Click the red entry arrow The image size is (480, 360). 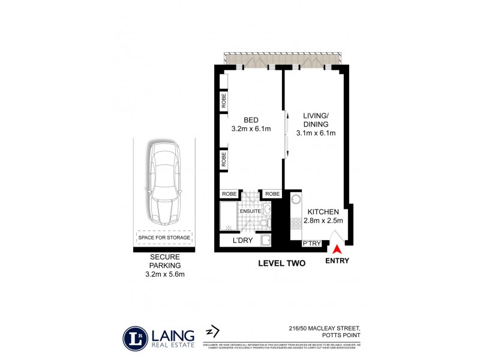[338, 248]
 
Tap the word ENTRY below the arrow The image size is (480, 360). [337, 261]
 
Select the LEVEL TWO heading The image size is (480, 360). [281, 263]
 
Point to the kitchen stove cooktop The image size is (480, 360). [295, 224]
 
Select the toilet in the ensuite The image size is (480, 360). [265, 224]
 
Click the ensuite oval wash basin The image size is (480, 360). [267, 209]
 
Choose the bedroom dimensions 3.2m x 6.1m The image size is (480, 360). [250, 129]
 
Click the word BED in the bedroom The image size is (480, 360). [250, 119]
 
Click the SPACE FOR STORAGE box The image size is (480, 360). [164, 238]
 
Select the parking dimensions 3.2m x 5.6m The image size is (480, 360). [164, 274]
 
